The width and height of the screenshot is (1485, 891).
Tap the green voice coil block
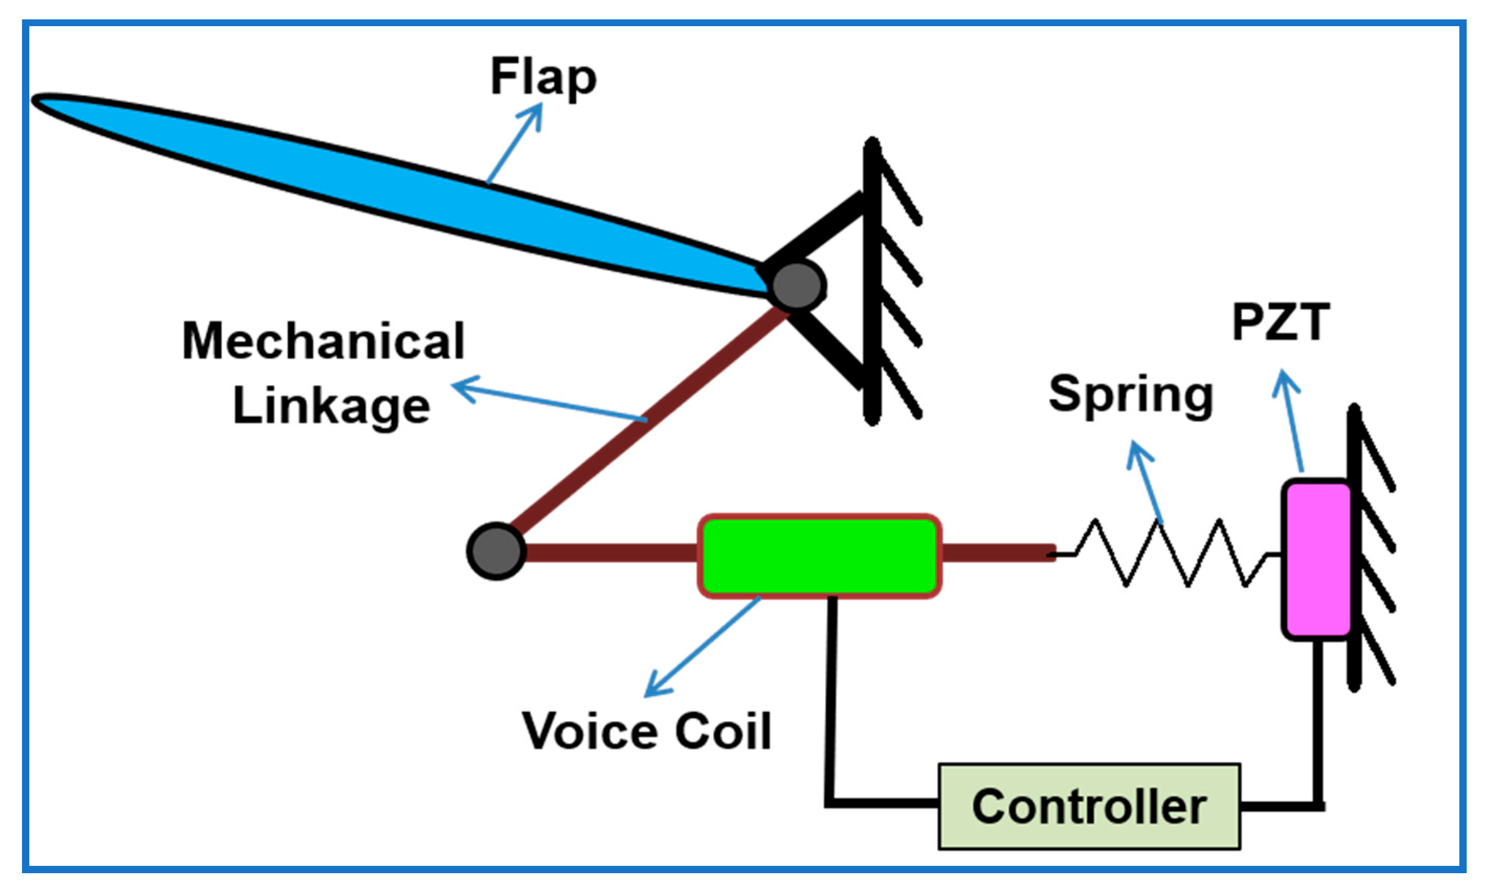[x=819, y=556]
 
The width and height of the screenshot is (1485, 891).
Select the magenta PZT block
[x=1317, y=560]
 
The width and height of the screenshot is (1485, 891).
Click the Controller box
[x=1089, y=806]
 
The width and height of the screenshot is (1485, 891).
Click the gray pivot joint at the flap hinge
[x=797, y=286]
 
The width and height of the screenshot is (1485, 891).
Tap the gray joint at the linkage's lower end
[x=496, y=551]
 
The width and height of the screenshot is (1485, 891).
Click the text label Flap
[x=543, y=77]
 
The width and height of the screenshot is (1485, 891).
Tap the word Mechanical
[x=323, y=340]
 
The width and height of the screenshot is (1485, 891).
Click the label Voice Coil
[x=646, y=731]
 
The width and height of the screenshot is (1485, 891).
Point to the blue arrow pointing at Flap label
[x=515, y=142]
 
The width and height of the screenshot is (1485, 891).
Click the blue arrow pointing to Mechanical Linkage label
[x=549, y=399]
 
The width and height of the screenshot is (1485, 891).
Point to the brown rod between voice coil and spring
[x=998, y=552]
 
